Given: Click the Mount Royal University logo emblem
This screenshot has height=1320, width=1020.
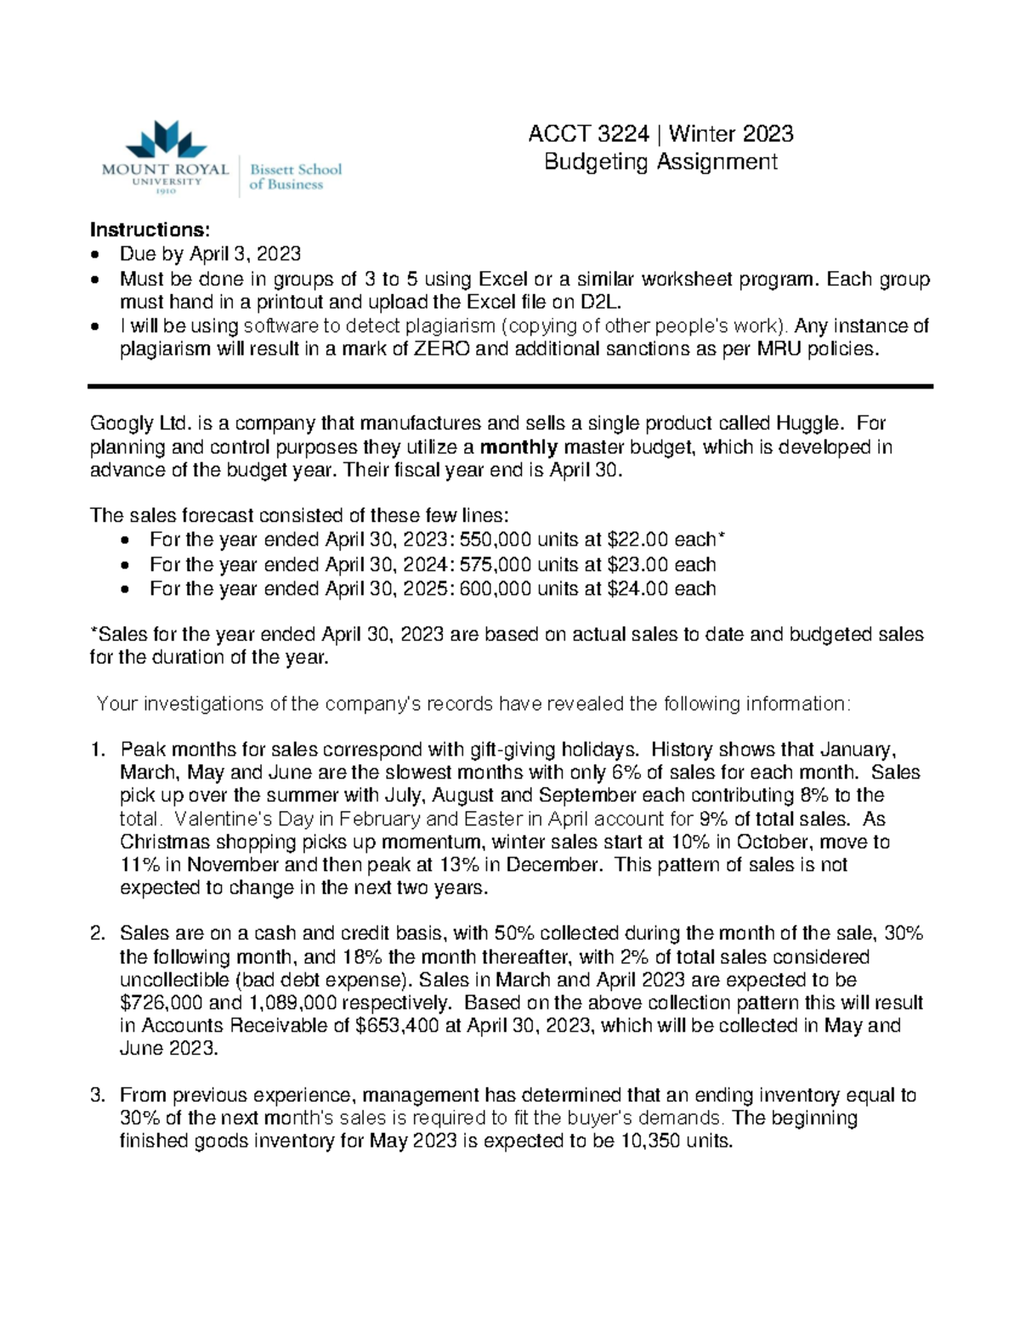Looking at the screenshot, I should point(166,139).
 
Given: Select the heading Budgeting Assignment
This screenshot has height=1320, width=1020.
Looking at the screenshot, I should point(660,161).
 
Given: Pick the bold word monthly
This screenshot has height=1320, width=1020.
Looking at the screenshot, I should point(518,447).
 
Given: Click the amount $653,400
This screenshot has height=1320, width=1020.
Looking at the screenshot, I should point(396,1025).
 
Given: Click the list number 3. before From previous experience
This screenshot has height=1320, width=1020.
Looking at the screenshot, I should point(98,1095).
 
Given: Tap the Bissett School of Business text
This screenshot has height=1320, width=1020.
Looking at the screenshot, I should point(295,176).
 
